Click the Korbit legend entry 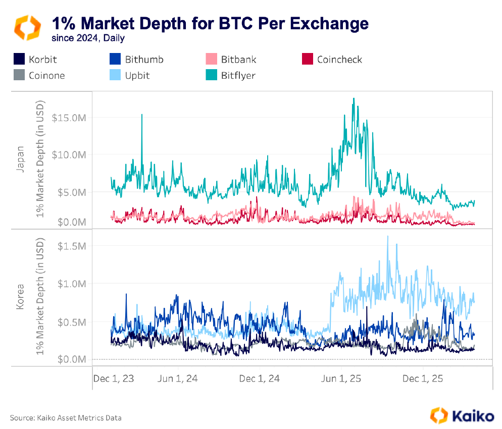tap(35, 60)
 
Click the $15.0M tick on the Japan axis tap(71, 118)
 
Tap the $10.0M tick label tap(71, 154)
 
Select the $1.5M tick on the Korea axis tap(73, 246)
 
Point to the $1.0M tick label tap(73, 284)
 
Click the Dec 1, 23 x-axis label tap(114, 379)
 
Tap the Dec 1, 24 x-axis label tap(259, 379)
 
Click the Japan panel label tap(21, 159)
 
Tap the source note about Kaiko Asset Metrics tap(66, 418)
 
